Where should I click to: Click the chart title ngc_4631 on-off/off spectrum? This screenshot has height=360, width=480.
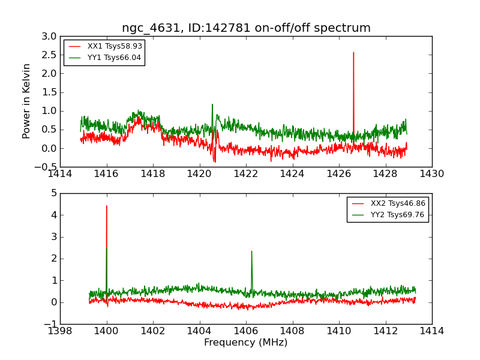[x=246, y=28]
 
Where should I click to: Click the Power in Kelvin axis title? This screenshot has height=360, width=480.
[x=27, y=101]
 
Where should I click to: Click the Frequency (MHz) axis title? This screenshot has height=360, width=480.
[x=246, y=343]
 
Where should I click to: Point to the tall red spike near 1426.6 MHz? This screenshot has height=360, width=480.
[x=353, y=53]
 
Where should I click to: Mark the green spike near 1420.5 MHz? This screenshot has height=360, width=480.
[x=212, y=105]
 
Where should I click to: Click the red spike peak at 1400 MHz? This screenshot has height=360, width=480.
[x=107, y=206]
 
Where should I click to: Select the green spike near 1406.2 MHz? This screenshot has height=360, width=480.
[x=251, y=251]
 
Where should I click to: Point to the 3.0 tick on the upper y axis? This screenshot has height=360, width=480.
[x=49, y=36]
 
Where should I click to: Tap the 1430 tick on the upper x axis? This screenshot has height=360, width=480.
[x=432, y=173]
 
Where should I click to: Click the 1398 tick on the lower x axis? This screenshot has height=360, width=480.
[x=61, y=331]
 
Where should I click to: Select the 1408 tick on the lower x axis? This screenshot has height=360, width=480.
[x=293, y=331]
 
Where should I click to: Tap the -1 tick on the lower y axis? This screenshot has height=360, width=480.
[x=52, y=324]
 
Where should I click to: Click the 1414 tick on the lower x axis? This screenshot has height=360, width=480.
[x=432, y=331]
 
